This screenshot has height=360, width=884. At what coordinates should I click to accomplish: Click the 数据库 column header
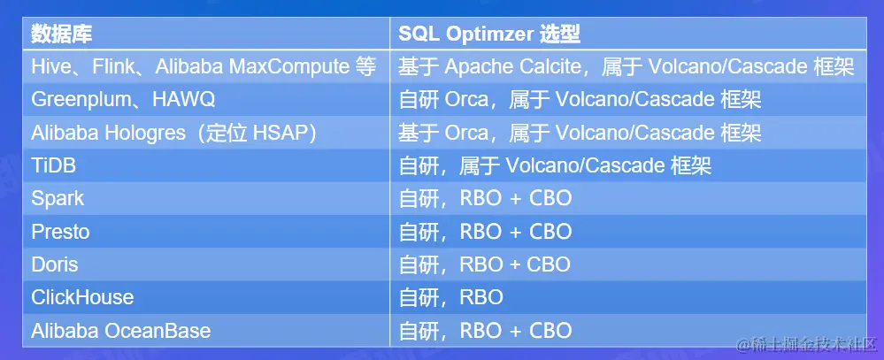61,34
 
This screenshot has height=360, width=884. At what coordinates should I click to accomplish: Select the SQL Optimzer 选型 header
489,34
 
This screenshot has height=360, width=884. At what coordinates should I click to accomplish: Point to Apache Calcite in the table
512,67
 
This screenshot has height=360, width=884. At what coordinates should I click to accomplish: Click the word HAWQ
184,100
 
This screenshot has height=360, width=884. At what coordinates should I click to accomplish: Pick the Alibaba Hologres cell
173,133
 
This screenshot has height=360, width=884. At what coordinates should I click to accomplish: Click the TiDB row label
54,165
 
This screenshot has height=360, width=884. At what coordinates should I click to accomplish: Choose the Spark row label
58,199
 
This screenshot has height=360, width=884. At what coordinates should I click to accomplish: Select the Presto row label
60,232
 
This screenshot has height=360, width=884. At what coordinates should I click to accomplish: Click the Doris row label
55,264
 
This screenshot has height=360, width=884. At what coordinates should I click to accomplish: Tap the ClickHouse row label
82,297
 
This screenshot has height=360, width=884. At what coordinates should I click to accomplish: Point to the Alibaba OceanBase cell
121,330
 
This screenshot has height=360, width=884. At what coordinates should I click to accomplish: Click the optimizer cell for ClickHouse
451,297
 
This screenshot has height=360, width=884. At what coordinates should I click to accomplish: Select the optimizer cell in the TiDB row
555,165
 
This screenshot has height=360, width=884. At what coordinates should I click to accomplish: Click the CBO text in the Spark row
550,198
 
